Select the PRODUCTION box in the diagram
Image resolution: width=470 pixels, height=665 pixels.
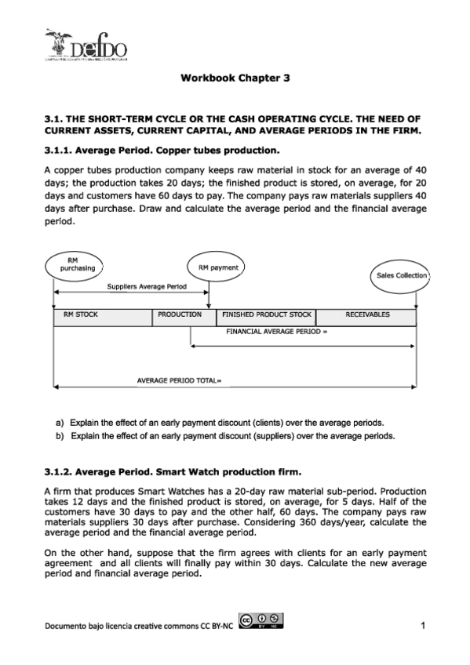point(184,315)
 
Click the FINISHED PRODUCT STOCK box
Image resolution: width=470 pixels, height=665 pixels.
point(266,315)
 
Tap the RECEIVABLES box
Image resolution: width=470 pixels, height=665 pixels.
point(366,315)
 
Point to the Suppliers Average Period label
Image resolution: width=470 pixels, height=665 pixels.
point(147,287)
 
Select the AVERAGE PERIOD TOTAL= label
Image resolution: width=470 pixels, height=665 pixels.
point(180,381)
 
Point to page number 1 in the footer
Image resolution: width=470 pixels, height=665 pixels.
point(422,625)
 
